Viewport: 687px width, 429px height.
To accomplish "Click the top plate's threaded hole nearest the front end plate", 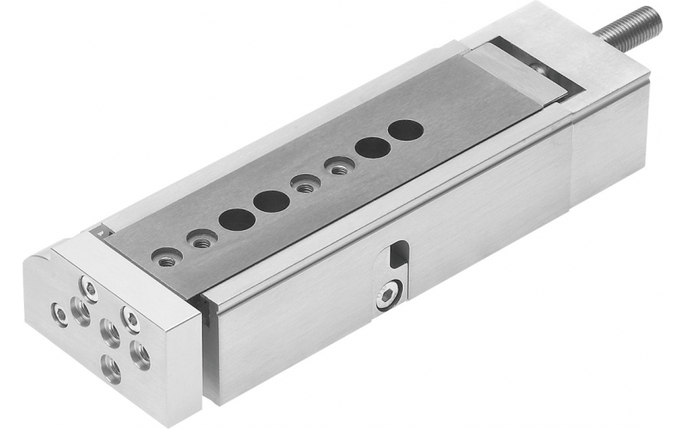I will coord(166,255).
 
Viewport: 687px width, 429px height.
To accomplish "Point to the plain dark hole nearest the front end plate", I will coord(236,219).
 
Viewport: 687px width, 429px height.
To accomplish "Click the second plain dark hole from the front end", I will coord(271,202).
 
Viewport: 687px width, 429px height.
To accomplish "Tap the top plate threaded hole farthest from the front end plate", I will coord(337,166).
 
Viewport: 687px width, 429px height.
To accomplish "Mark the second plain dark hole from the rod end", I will coord(371,147).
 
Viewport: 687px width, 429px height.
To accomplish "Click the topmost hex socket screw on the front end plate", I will coord(88,286).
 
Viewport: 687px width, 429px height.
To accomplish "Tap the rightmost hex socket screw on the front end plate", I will coord(131,320).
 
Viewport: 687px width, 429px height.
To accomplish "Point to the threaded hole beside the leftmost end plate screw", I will coord(80,314).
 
